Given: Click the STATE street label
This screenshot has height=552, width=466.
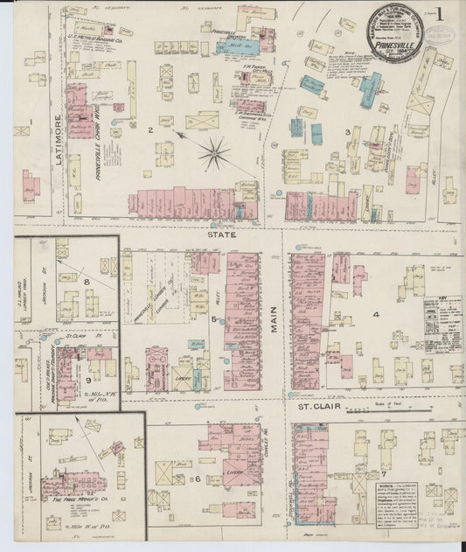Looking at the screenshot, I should [215, 234].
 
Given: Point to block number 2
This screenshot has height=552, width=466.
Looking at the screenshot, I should [150, 130].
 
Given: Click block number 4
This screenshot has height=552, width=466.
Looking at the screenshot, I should [376, 313].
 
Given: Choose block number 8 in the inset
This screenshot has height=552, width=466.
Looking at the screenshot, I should [87, 282].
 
